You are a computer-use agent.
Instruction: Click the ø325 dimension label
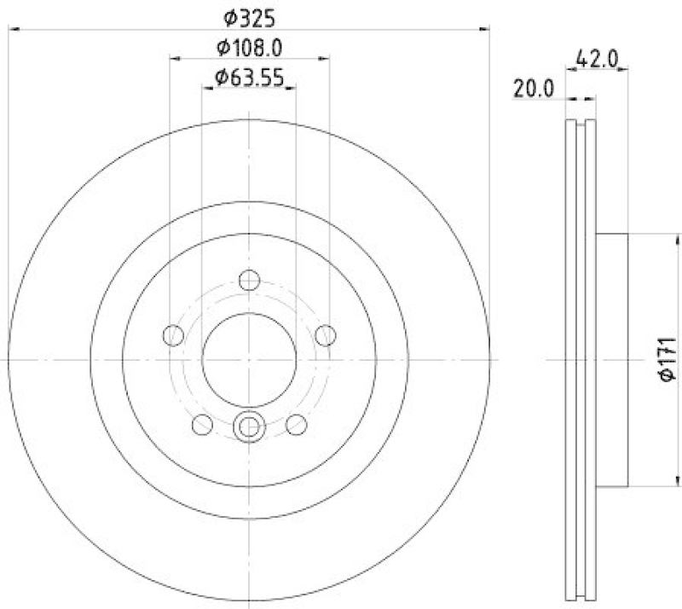[x=249, y=17]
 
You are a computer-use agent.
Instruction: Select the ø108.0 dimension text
[x=249, y=47]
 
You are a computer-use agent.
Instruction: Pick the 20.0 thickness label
[x=533, y=88]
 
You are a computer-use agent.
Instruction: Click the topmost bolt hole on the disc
[x=249, y=280]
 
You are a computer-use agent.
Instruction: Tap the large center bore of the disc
[x=249, y=357]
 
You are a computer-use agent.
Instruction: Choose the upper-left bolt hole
[x=174, y=335]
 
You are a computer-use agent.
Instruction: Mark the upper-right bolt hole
[x=325, y=335]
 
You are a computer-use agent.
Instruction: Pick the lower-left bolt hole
[x=203, y=424]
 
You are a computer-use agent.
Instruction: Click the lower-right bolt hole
[x=296, y=424]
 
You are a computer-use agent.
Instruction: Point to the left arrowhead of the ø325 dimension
[x=12, y=30]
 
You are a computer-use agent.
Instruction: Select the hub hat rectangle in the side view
[x=612, y=359]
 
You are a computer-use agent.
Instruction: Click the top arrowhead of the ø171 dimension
[x=650, y=238]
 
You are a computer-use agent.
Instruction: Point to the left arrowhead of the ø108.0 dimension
[x=175, y=59]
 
